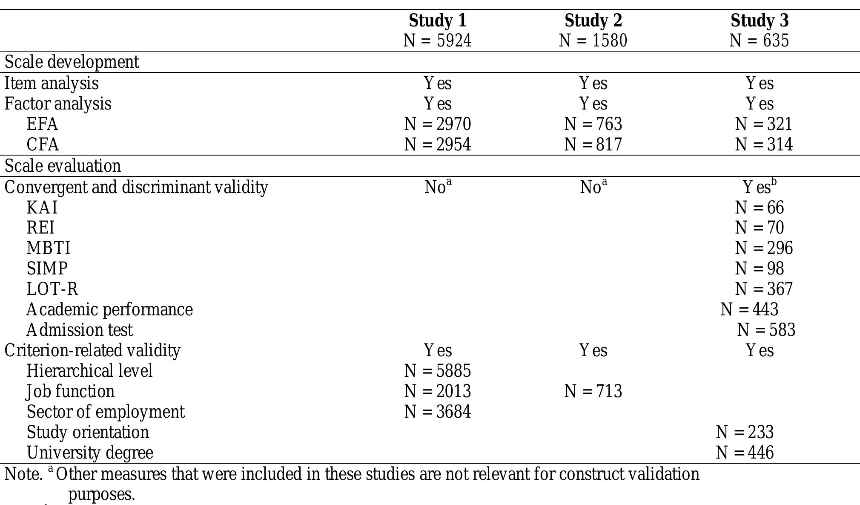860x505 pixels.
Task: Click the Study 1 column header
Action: coord(437,20)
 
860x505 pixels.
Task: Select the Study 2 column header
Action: coord(593,20)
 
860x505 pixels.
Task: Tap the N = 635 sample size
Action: coord(759,41)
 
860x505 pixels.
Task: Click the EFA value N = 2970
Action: coord(437,124)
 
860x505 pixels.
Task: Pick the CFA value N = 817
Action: coord(593,144)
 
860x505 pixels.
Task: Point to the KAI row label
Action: coord(42,208)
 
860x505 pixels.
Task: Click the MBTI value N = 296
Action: coord(764,248)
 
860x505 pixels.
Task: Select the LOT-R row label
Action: coord(52,289)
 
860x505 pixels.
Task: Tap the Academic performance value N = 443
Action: coord(749,309)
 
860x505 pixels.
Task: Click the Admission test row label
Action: coord(80,330)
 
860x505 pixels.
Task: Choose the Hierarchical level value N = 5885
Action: coord(437,371)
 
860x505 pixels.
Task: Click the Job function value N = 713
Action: coord(593,391)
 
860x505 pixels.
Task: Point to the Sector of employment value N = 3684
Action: coord(437,412)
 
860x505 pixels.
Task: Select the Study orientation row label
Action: coord(88,432)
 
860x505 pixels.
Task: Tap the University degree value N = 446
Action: coord(745,453)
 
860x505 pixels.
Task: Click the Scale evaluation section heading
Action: coord(63,166)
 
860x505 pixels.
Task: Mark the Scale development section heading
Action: coord(72,62)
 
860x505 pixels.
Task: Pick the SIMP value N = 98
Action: coord(759,268)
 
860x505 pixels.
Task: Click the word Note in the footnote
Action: coord(23,474)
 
